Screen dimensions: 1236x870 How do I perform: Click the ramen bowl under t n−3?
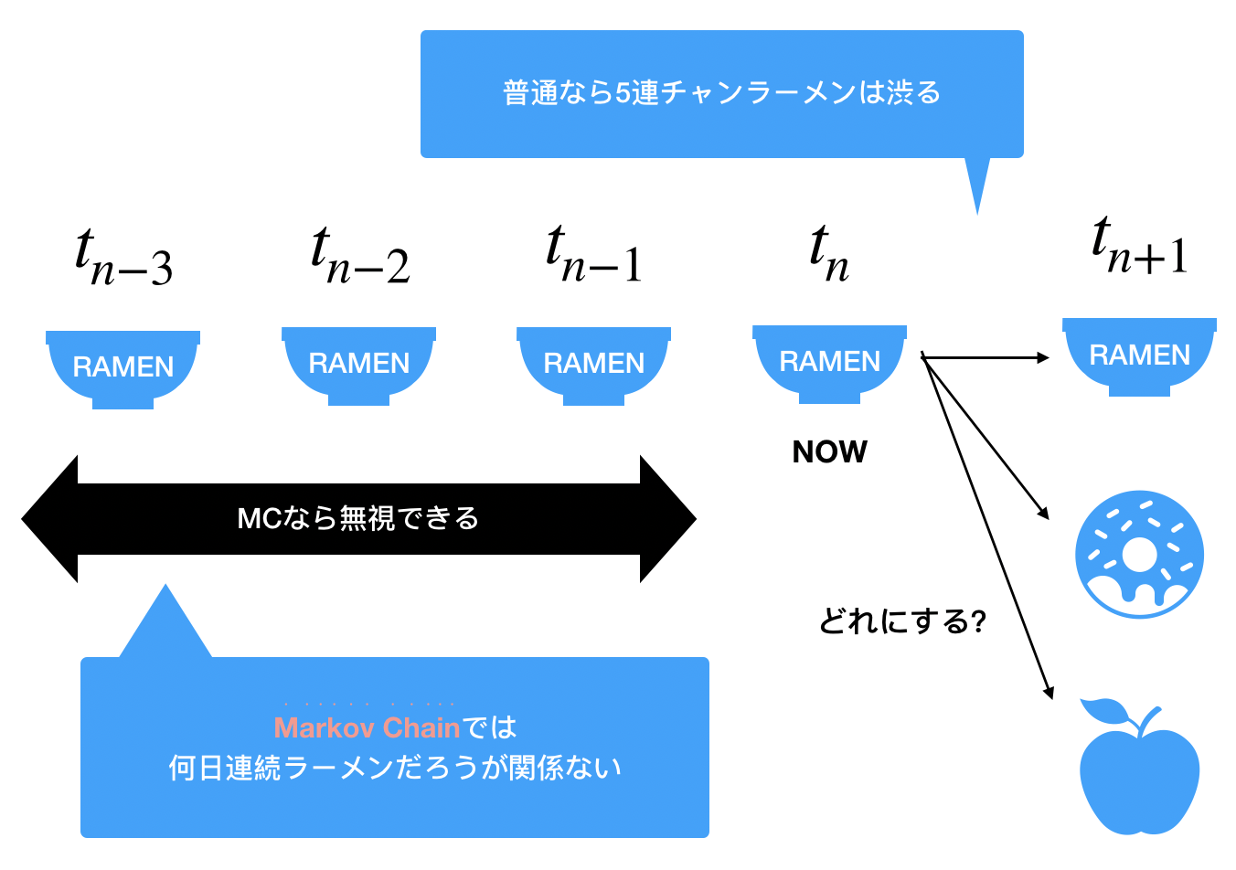123,369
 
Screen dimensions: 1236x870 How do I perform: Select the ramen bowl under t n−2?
358,366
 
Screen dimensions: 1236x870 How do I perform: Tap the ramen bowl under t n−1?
593,366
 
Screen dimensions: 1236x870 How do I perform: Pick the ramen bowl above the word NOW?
829,364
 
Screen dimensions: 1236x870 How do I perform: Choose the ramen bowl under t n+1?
1139,357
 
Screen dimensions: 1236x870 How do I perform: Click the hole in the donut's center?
1139,555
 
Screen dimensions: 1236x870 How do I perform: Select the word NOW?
829,451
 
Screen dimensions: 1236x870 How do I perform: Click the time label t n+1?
1139,246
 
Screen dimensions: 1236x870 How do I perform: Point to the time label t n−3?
123,257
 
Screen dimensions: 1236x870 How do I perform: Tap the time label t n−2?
360,255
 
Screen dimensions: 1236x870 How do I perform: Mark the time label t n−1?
594,253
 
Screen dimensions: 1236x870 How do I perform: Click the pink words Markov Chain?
367,727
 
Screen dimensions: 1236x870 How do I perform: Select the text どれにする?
902,621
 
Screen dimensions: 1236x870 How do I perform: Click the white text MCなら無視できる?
358,518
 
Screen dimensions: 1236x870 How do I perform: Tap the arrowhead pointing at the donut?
1044,513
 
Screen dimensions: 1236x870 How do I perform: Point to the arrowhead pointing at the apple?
1049,693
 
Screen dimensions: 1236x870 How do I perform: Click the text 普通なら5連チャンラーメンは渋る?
721,92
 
